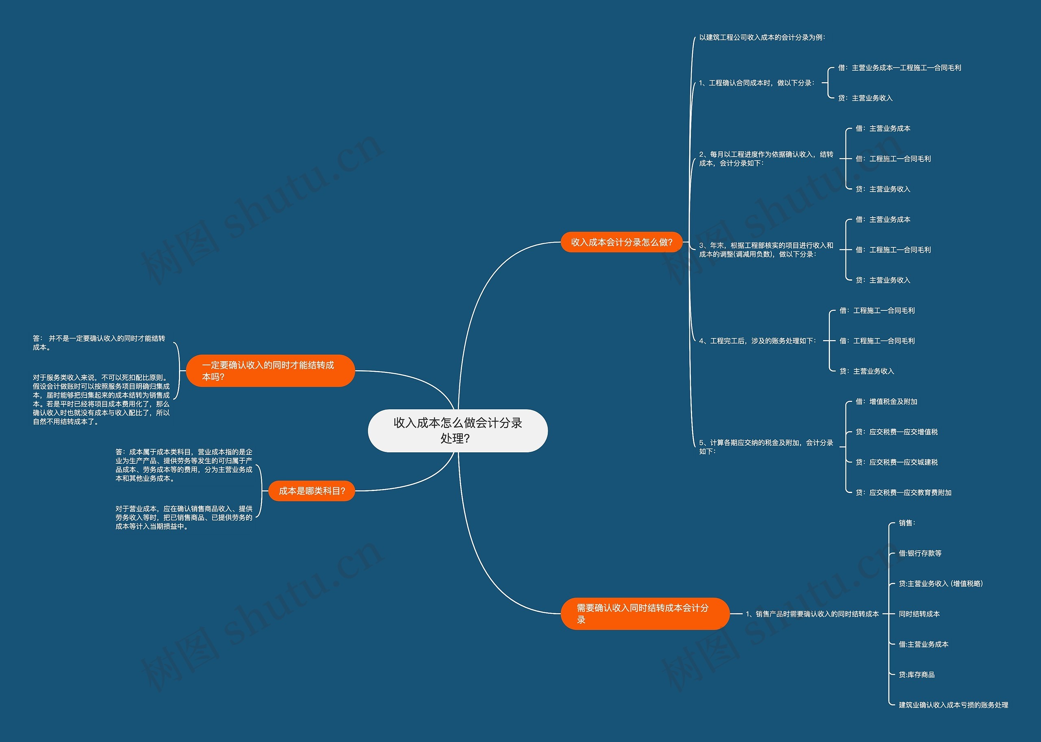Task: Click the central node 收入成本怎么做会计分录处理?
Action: click(457, 430)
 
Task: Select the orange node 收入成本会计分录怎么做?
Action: click(621, 242)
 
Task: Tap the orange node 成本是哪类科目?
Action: click(311, 491)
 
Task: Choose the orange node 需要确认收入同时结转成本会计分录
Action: click(644, 613)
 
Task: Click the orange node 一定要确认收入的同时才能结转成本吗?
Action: click(270, 371)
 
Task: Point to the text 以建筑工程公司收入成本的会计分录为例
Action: click(762, 37)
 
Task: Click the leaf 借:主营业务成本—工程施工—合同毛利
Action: click(899, 68)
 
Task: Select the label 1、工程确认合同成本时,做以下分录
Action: click(756, 83)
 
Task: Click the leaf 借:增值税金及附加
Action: click(886, 402)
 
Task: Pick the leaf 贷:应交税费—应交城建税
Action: click(896, 463)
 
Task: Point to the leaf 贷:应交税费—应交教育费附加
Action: click(903, 493)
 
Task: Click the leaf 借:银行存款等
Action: click(919, 553)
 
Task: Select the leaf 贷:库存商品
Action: click(916, 675)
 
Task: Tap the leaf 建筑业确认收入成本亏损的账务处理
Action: click(953, 705)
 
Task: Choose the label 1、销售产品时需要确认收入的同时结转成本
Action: click(812, 614)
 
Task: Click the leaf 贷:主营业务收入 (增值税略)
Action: click(940, 583)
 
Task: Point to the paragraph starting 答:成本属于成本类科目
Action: click(183, 465)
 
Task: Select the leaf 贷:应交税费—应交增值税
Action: click(896, 432)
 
